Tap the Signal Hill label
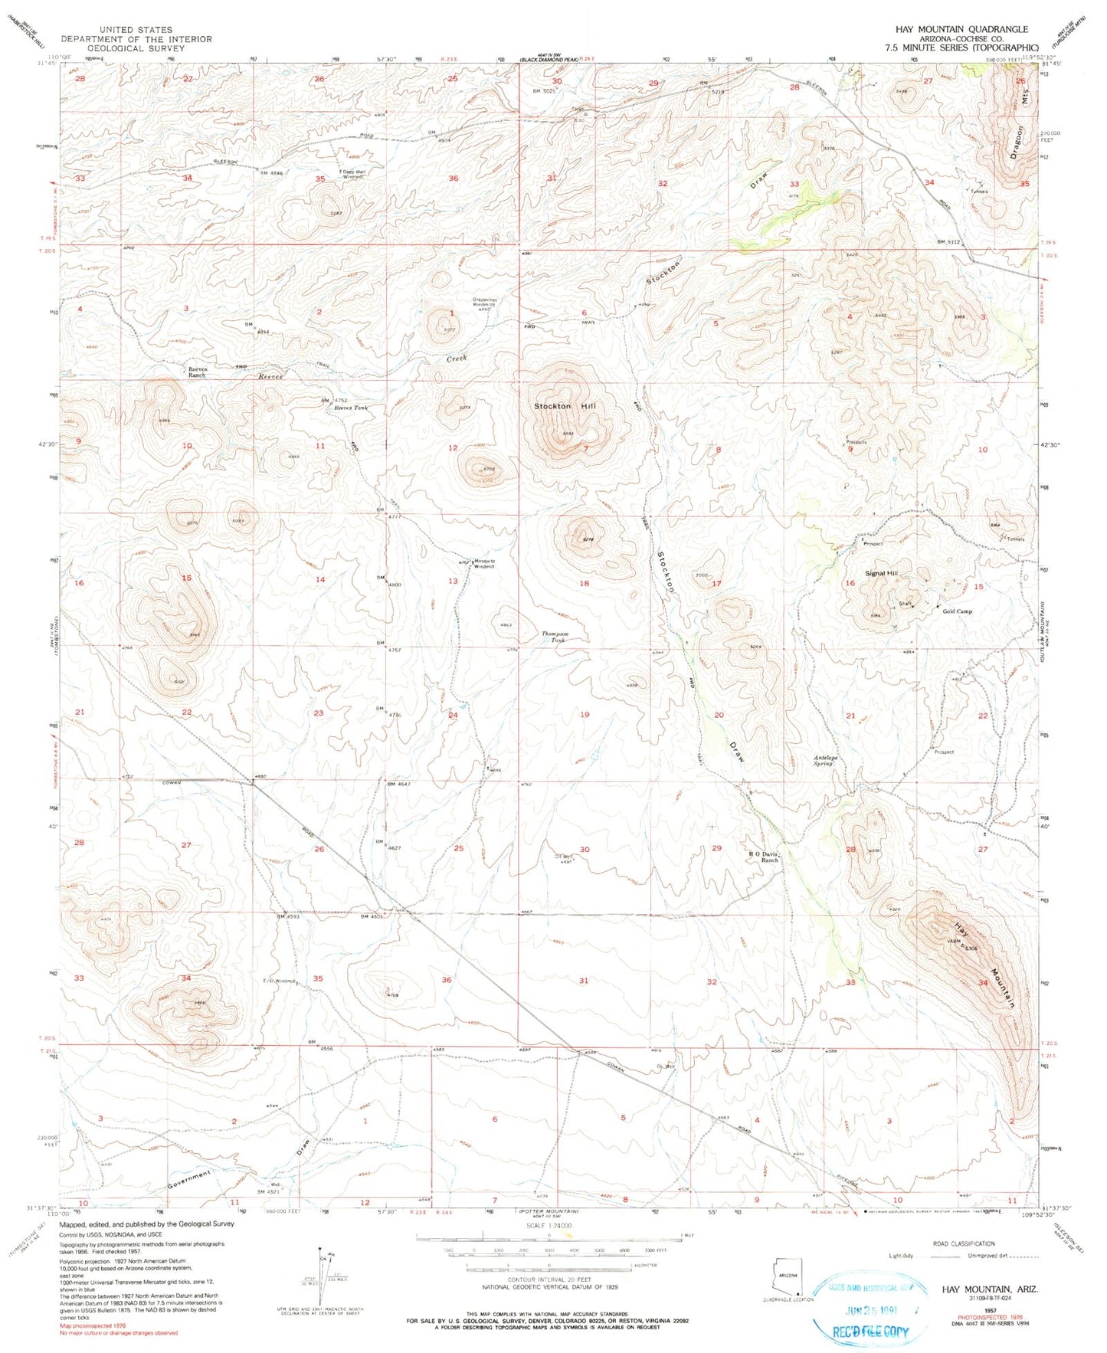tap(880, 573)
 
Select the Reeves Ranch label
tap(198, 372)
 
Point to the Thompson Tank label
tap(555, 637)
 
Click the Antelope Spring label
tap(824, 761)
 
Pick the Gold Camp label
tap(957, 611)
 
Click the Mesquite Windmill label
tap(484, 563)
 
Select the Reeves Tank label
tap(350, 408)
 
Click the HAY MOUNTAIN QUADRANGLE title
tap(961, 29)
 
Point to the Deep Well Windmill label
tap(352, 174)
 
